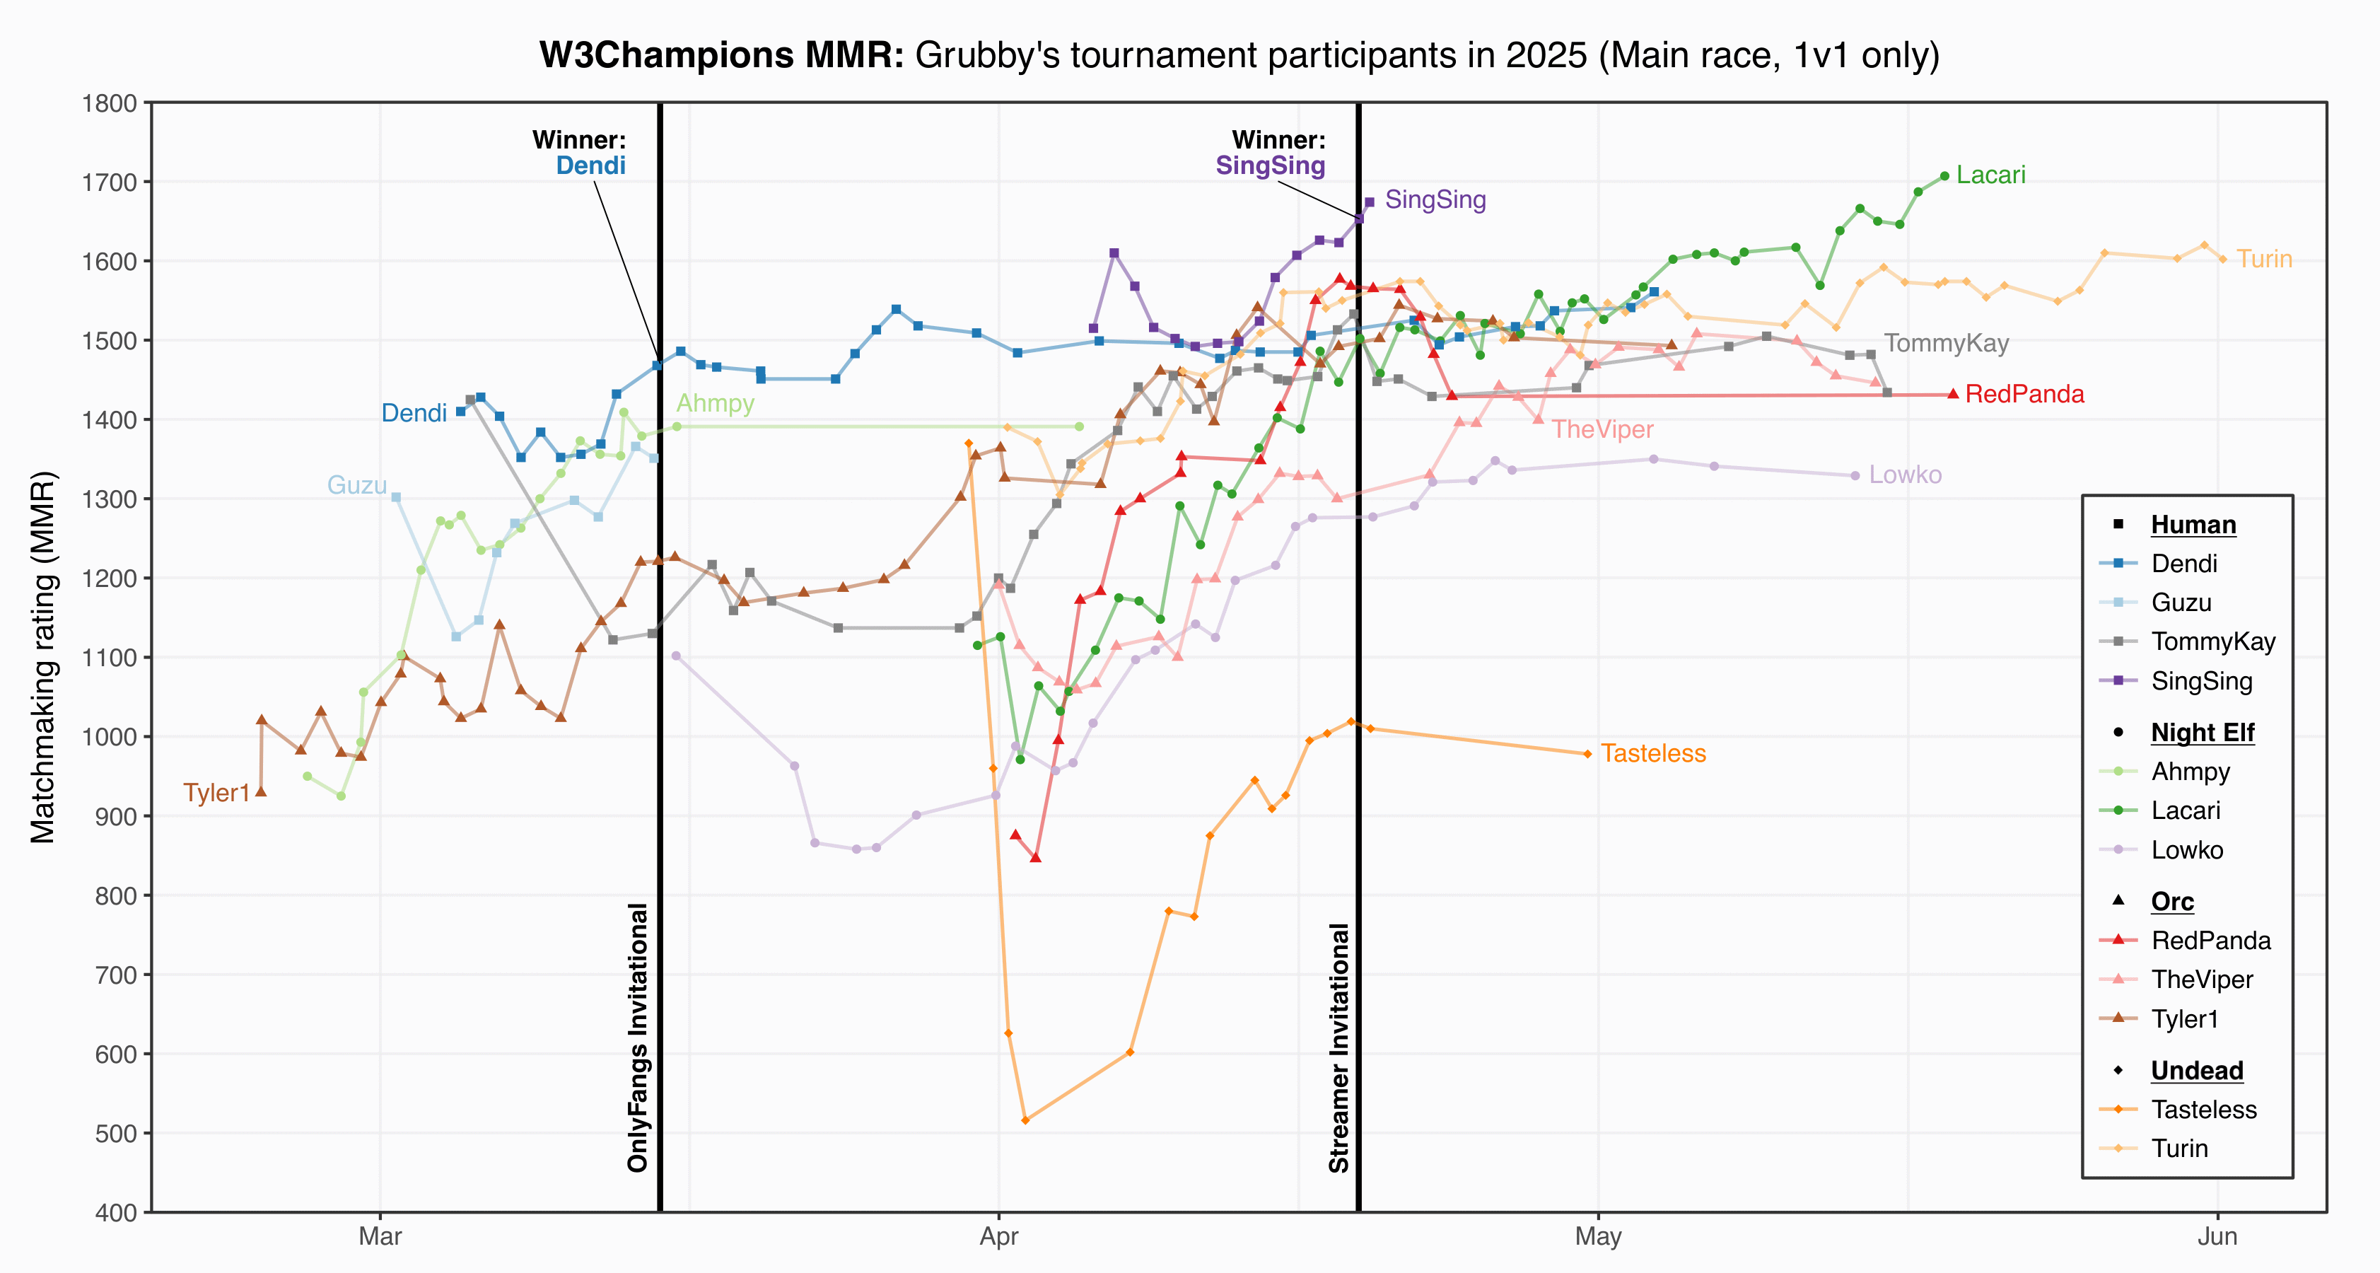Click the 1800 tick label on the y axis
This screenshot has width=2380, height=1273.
[110, 103]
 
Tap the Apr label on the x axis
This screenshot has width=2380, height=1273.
[999, 1237]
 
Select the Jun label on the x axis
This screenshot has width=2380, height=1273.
[2217, 1237]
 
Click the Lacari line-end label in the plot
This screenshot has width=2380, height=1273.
[1991, 175]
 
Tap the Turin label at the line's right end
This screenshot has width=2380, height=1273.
[2265, 259]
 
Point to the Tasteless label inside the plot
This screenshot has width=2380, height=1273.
[1653, 754]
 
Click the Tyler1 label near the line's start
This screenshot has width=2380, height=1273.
[216, 794]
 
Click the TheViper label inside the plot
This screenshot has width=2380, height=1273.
[1602, 429]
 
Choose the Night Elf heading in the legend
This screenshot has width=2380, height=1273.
[2203, 733]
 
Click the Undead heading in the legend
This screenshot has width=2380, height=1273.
[2197, 1071]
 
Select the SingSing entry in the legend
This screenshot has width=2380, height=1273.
[2202, 681]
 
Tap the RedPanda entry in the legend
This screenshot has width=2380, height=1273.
[2211, 941]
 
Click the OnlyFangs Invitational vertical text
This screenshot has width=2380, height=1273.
[638, 1037]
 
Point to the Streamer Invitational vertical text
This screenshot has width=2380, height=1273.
[1338, 1047]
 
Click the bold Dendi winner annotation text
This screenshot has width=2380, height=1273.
[590, 165]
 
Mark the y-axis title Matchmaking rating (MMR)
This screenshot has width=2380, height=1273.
[42, 658]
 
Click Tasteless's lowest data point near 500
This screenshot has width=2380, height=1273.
[1025, 1120]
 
